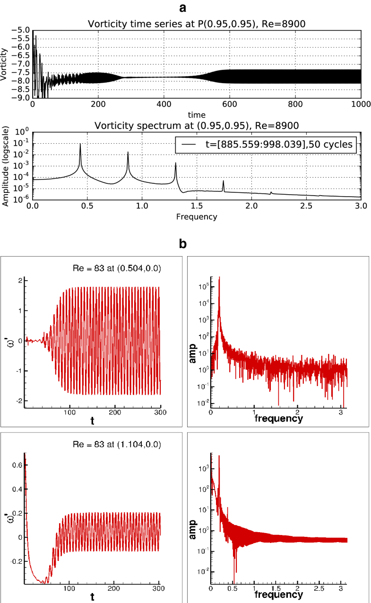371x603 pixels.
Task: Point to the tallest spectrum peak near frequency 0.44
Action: point(80,145)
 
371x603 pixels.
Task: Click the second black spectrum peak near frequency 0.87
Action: point(128,153)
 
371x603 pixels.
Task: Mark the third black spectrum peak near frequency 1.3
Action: point(175,164)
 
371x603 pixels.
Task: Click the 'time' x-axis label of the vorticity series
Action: point(196,115)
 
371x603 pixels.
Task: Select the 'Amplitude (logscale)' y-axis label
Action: point(5,165)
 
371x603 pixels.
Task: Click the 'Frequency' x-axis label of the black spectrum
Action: point(196,217)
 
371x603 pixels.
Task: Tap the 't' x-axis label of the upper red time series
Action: point(93,420)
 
